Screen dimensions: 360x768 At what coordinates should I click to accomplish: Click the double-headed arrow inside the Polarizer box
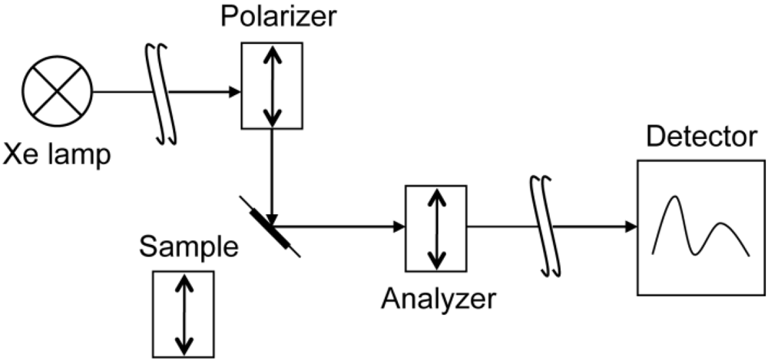pos(272,85)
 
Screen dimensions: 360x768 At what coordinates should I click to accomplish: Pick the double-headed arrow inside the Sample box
pos(183,313)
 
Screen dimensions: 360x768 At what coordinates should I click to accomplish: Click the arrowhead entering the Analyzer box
pos(398,226)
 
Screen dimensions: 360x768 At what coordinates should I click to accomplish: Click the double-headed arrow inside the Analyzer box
pos(436,229)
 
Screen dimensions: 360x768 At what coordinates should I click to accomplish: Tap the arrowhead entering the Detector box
pos(629,226)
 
